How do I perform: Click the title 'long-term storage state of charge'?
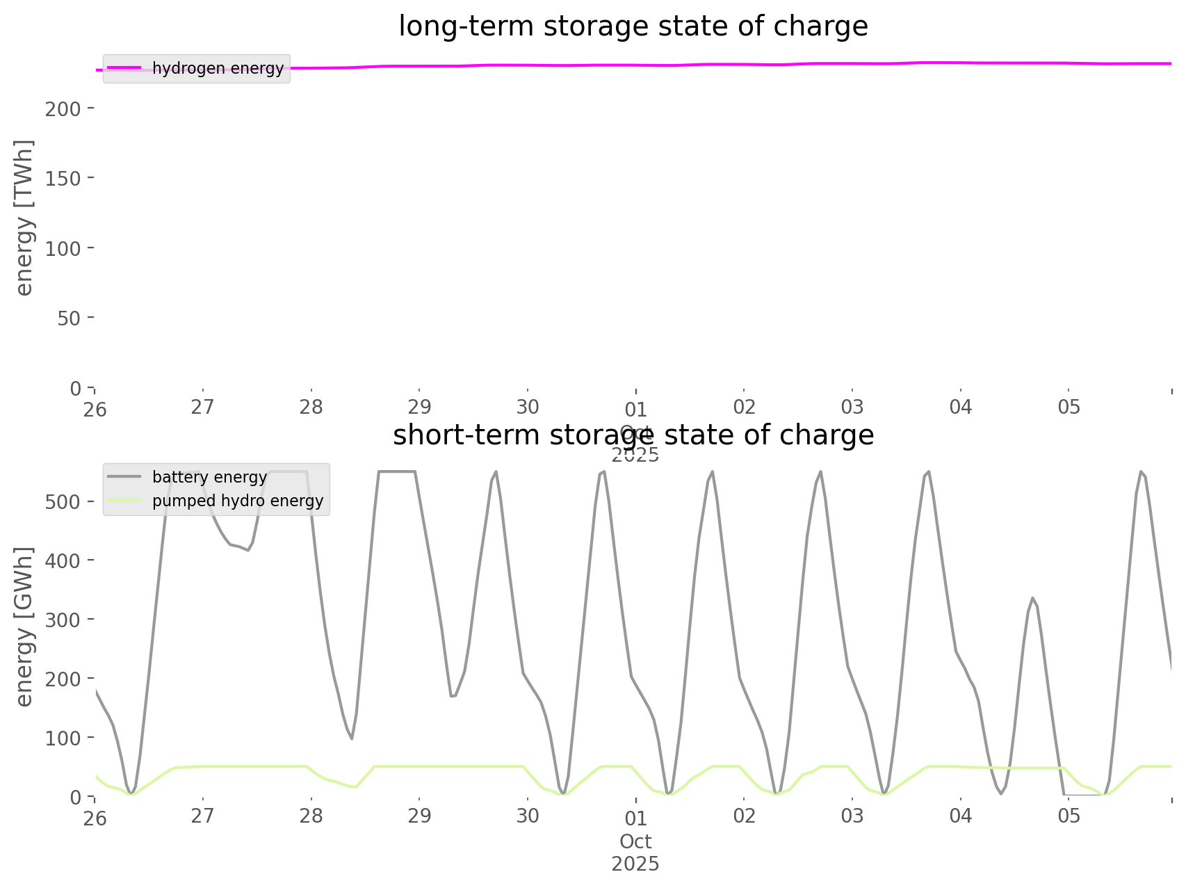point(633,26)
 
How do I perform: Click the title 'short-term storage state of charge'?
point(633,435)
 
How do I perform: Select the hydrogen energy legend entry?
point(218,68)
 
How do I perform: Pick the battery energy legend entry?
point(209,477)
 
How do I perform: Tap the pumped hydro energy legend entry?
point(237,501)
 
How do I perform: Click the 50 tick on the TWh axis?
point(70,318)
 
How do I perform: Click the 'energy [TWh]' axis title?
point(24,217)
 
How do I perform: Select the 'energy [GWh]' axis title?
point(24,627)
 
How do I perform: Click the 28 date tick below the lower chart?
point(311,816)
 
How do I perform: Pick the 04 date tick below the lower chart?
point(961,816)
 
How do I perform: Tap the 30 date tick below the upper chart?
point(528,407)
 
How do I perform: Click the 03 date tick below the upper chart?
point(852,407)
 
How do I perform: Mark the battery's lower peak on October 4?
point(1033,597)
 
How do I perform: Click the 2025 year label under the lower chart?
point(635,864)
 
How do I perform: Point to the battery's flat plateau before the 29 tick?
point(396,471)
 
